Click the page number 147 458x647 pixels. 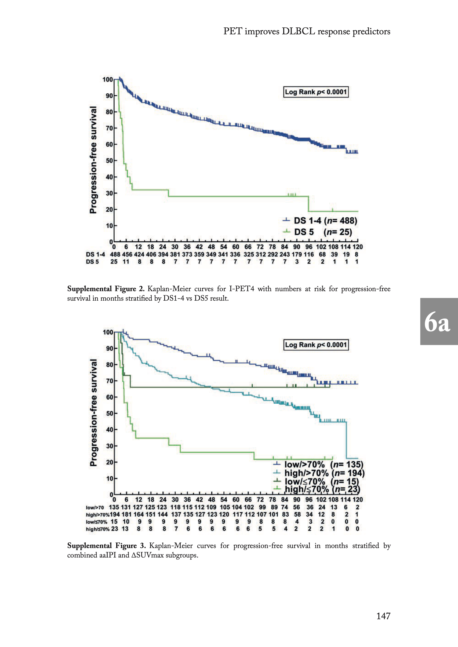click(383, 616)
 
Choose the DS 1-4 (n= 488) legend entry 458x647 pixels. click(320, 221)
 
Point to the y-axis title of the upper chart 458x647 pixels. click(93, 160)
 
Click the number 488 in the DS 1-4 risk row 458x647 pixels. click(115, 254)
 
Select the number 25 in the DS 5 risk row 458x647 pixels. click(114, 262)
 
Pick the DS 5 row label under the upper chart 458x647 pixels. click(92, 262)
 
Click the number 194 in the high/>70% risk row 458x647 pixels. click(115, 514)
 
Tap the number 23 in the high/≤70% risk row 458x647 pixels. click(114, 529)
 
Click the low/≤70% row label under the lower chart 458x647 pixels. click(97, 522)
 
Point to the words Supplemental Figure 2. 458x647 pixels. click(106, 289)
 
